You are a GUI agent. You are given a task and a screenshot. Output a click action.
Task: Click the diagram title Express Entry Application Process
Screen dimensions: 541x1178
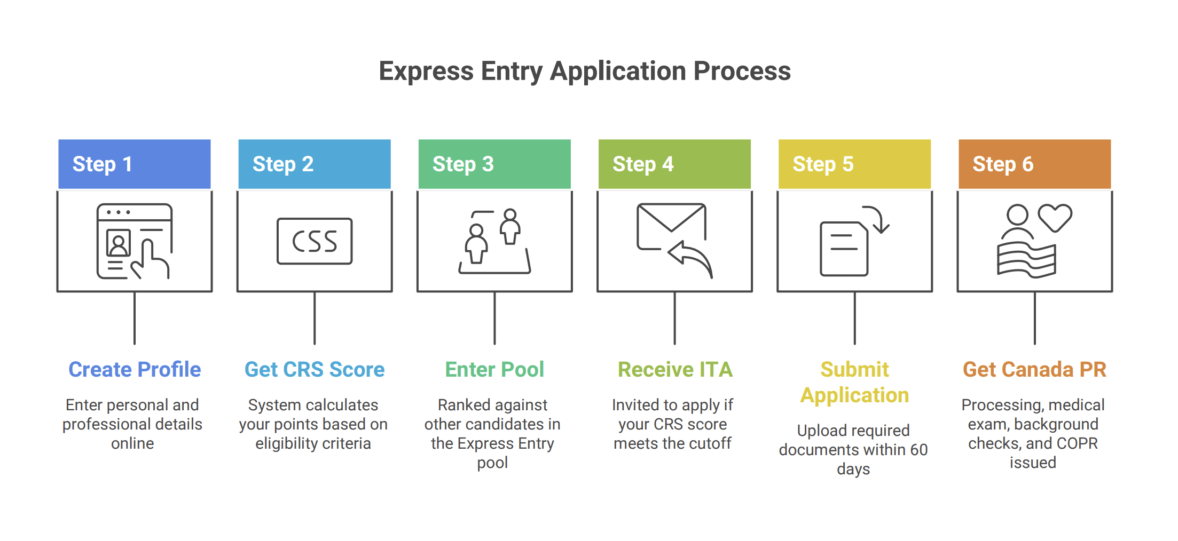(x=585, y=71)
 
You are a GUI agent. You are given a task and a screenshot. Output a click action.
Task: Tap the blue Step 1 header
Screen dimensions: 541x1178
(x=134, y=164)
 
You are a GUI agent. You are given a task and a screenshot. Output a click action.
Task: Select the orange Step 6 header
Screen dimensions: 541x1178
(x=1034, y=164)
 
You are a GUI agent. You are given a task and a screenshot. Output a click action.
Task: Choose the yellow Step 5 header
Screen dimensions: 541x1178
(x=854, y=164)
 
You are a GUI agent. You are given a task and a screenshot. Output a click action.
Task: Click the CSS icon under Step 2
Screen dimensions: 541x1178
(x=315, y=241)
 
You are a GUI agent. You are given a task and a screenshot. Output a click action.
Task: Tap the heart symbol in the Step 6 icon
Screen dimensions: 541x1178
(x=1055, y=217)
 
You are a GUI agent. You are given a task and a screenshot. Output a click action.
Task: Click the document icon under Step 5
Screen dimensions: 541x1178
(x=844, y=249)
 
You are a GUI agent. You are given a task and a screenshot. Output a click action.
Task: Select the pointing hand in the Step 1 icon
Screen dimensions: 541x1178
(x=151, y=260)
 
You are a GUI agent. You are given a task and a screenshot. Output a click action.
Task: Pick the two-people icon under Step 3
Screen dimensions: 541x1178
(x=494, y=241)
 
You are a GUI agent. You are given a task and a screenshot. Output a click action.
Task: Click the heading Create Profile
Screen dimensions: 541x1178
(x=135, y=369)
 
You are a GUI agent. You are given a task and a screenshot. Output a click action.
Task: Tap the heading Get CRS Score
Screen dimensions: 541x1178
(x=315, y=369)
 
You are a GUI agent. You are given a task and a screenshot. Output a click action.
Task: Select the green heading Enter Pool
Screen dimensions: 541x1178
(x=494, y=369)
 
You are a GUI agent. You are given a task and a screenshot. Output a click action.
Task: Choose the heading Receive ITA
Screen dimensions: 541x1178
(x=675, y=369)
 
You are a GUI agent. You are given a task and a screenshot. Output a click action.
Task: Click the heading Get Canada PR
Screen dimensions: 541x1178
(x=1034, y=369)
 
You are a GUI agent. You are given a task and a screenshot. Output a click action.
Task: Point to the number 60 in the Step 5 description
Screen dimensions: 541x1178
(x=918, y=450)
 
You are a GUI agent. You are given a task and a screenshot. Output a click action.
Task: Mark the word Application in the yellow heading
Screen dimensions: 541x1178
(x=854, y=395)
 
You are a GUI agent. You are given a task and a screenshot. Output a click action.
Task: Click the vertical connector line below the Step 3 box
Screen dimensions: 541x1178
(x=494, y=318)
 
